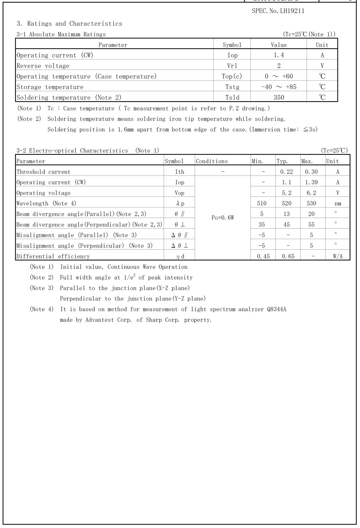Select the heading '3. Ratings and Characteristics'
tap(69, 24)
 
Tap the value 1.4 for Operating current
tap(279, 55)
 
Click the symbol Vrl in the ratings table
tap(232, 66)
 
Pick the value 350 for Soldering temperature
tap(279, 97)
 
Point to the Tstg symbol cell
tap(232, 87)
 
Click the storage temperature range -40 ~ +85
tap(279, 87)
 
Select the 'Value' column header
tap(279, 45)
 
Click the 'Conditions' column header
tap(211, 161)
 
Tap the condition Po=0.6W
tap(223, 218)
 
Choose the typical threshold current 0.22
tap(286, 172)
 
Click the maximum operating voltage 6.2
tap(311, 193)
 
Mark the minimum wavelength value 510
tap(262, 203)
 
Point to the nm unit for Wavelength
tap(338, 204)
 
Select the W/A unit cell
tap(338, 256)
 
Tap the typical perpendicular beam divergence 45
tap(286, 225)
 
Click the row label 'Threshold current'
tap(43, 172)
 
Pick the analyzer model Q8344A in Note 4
tap(276, 309)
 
